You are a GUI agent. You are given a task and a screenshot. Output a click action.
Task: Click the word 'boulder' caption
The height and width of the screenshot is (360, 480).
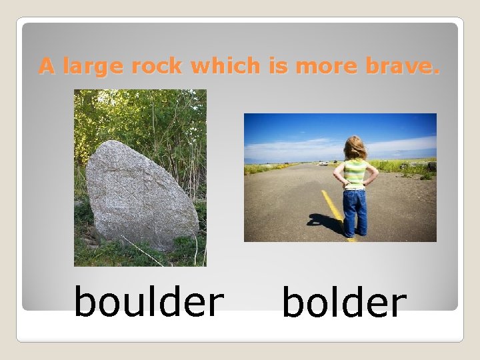click(148, 301)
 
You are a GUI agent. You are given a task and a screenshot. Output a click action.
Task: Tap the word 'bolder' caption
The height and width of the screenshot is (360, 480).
click(344, 303)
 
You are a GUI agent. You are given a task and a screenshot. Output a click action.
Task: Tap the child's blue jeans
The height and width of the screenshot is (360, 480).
click(355, 210)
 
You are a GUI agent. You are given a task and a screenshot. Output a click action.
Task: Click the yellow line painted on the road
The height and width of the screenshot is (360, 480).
click(331, 205)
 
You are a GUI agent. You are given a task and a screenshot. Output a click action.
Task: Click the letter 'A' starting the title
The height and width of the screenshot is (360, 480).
click(46, 66)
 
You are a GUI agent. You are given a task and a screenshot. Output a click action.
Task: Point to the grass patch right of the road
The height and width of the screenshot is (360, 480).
click(407, 167)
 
